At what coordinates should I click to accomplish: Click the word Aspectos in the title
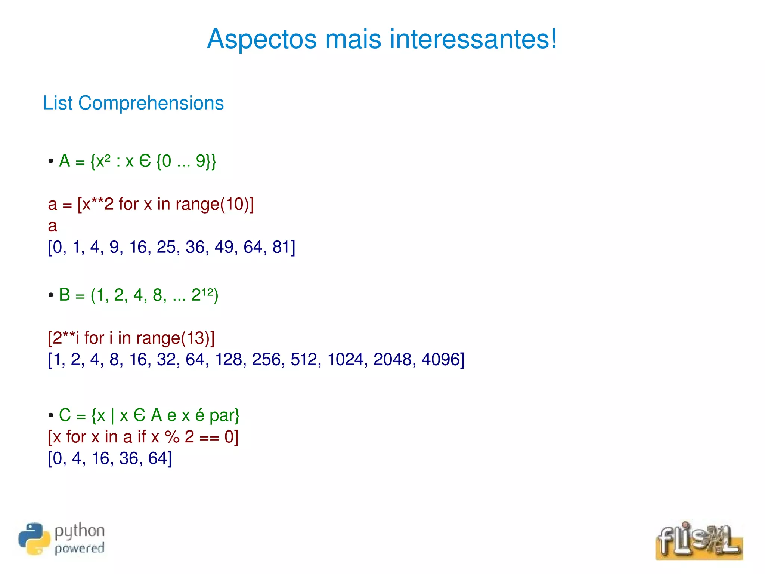(x=261, y=39)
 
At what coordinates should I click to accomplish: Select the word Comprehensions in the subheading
(x=151, y=103)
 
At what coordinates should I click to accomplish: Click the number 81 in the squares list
(x=281, y=247)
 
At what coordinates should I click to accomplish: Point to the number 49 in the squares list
(x=224, y=247)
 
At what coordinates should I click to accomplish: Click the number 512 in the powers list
(x=303, y=360)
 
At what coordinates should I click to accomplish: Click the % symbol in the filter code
(x=172, y=437)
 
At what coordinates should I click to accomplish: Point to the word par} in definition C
(x=224, y=415)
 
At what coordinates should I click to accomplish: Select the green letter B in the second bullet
(x=65, y=295)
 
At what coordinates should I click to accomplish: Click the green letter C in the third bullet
(x=65, y=415)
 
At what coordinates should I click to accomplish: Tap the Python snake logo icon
(x=34, y=539)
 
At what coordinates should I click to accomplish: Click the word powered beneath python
(x=80, y=548)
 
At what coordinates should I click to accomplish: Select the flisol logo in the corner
(x=699, y=540)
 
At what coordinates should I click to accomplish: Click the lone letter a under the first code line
(x=53, y=226)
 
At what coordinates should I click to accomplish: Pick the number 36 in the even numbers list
(x=128, y=458)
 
